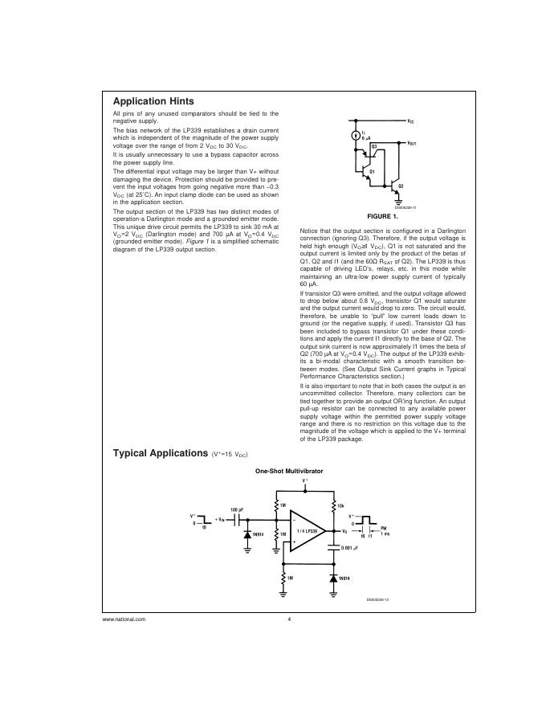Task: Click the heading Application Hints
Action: click(153, 101)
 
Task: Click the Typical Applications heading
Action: click(161, 453)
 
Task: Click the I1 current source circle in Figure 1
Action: click(356, 137)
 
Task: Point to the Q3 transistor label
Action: click(374, 147)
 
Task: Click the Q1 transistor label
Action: click(372, 173)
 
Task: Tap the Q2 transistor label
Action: click(401, 186)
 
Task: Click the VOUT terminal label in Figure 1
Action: click(411, 142)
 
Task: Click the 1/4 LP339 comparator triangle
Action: click(305, 530)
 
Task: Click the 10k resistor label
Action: click(340, 505)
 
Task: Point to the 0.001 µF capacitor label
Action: click(350, 548)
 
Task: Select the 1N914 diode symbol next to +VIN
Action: click(247, 533)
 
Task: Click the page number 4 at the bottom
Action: click(288, 619)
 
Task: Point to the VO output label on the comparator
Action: click(344, 531)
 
